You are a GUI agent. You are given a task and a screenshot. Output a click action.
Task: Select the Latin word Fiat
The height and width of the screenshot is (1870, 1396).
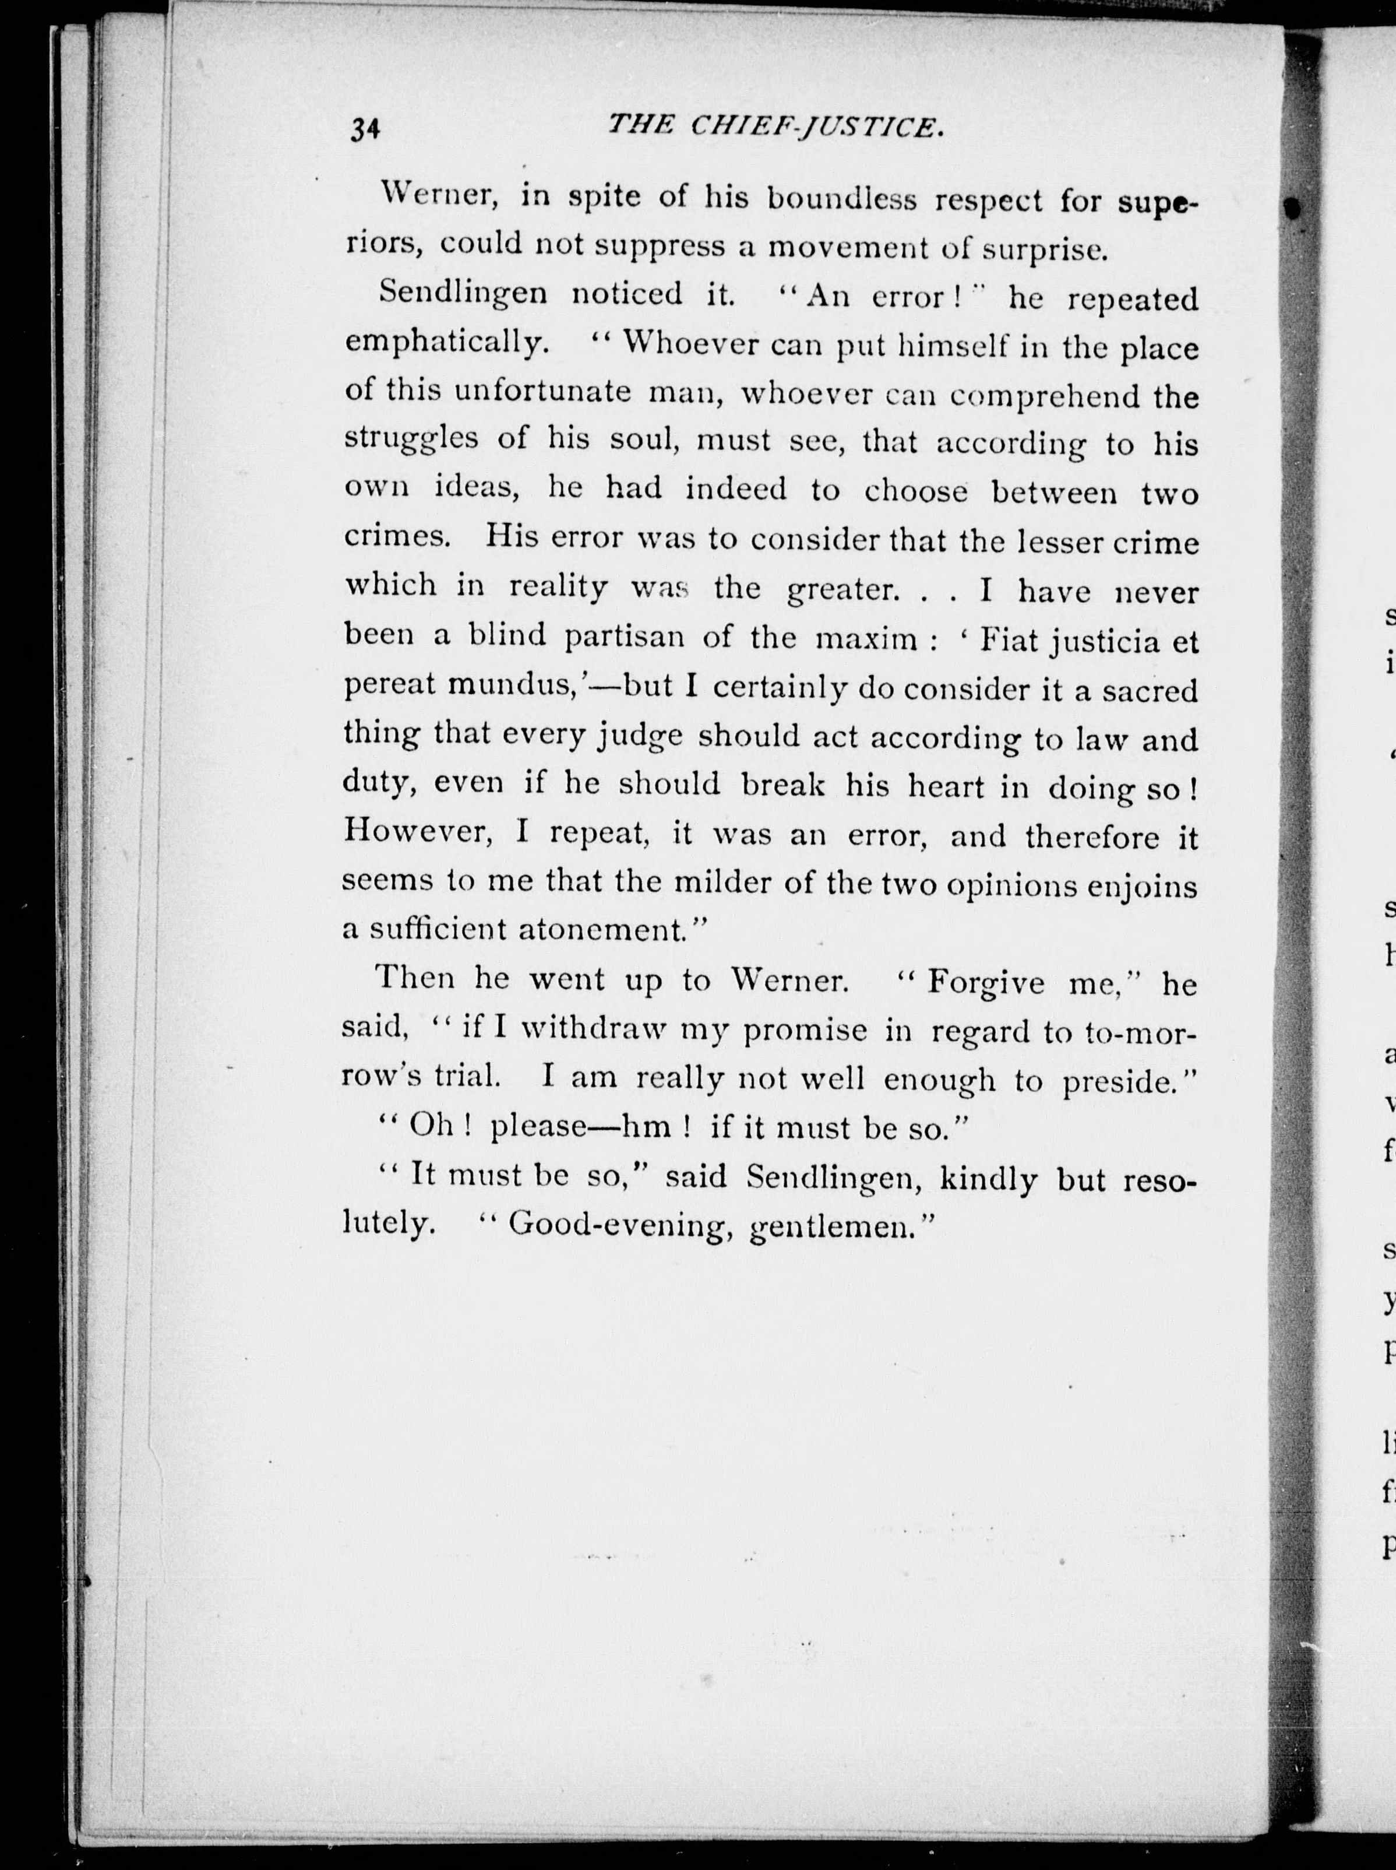(1010, 640)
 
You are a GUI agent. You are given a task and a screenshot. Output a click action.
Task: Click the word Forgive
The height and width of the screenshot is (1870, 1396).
(985, 982)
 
